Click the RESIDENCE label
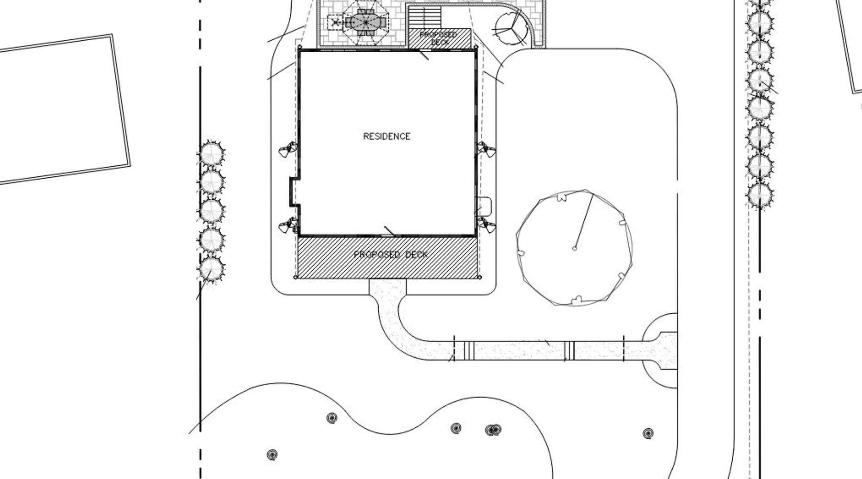click(386, 137)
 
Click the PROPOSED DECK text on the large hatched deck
click(391, 254)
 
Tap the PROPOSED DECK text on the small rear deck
click(439, 38)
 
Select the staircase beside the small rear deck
click(424, 17)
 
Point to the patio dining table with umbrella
click(365, 22)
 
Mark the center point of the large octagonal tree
click(575, 248)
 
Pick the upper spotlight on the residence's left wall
click(288, 149)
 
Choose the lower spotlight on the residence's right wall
click(486, 224)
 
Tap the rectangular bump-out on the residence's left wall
click(294, 192)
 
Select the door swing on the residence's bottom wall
click(389, 231)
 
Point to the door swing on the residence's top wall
click(423, 55)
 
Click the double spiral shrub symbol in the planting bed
click(493, 430)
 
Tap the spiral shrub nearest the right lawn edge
click(648, 434)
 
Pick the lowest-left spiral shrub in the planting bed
click(272, 454)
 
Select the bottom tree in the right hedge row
click(760, 195)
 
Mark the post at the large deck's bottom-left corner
click(295, 277)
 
